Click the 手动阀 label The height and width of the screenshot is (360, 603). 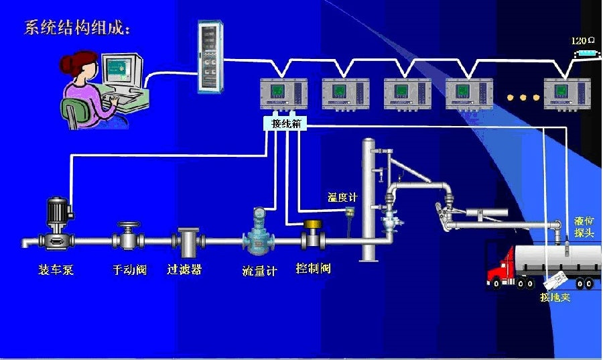(129, 271)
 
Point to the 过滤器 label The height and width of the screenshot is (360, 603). (184, 270)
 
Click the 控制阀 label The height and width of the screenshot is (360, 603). (313, 269)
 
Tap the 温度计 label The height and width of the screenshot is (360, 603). (342, 197)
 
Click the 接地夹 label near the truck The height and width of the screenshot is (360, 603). (555, 297)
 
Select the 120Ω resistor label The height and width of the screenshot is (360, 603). (584, 41)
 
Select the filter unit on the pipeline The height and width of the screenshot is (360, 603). (187, 243)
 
